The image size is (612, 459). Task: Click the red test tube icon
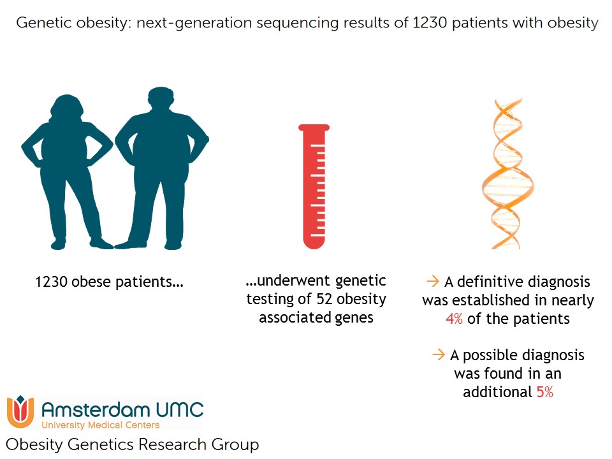click(314, 187)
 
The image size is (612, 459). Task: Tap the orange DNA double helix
click(507, 173)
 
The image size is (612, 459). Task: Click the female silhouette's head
click(67, 106)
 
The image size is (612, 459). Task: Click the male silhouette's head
click(161, 100)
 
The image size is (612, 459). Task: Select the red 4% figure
click(454, 319)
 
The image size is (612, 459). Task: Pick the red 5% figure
click(545, 391)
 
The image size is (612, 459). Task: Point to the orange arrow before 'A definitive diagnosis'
click(433, 281)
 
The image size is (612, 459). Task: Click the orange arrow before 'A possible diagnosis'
click(439, 354)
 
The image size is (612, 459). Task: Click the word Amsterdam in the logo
click(96, 410)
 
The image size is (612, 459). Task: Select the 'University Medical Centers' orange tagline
click(101, 425)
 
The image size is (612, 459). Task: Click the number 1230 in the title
click(429, 23)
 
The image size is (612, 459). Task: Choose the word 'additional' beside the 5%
click(498, 391)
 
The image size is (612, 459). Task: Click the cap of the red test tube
click(314, 127)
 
